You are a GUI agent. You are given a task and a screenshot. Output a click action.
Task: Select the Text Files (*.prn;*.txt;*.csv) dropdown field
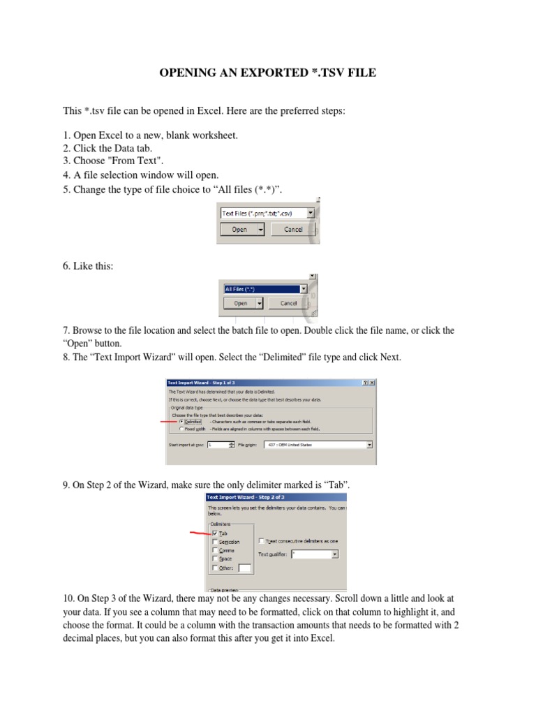[267, 213]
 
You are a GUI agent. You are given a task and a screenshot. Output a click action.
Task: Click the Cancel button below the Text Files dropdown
[293, 229]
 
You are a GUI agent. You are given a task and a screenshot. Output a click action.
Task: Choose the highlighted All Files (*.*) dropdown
[265, 288]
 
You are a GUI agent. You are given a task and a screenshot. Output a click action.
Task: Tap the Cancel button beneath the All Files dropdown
[288, 304]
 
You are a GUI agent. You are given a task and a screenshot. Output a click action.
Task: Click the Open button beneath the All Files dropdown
[241, 304]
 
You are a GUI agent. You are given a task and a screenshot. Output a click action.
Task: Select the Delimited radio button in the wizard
[182, 422]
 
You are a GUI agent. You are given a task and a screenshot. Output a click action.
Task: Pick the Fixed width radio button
[182, 429]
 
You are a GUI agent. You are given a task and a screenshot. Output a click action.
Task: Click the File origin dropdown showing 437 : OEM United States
[318, 444]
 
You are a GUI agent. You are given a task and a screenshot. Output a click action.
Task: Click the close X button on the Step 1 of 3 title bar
[372, 383]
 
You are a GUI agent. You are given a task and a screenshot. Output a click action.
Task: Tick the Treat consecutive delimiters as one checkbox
[261, 541]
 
